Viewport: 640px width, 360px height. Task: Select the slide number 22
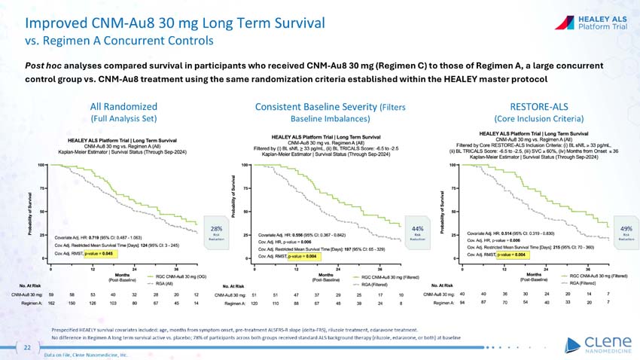[x=27, y=347]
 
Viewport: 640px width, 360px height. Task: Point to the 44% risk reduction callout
[x=416, y=228]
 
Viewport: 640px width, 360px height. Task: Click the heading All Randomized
[x=123, y=106]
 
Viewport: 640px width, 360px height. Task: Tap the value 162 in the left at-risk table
[x=51, y=302]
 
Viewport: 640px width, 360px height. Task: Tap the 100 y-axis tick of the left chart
[x=35, y=164]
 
